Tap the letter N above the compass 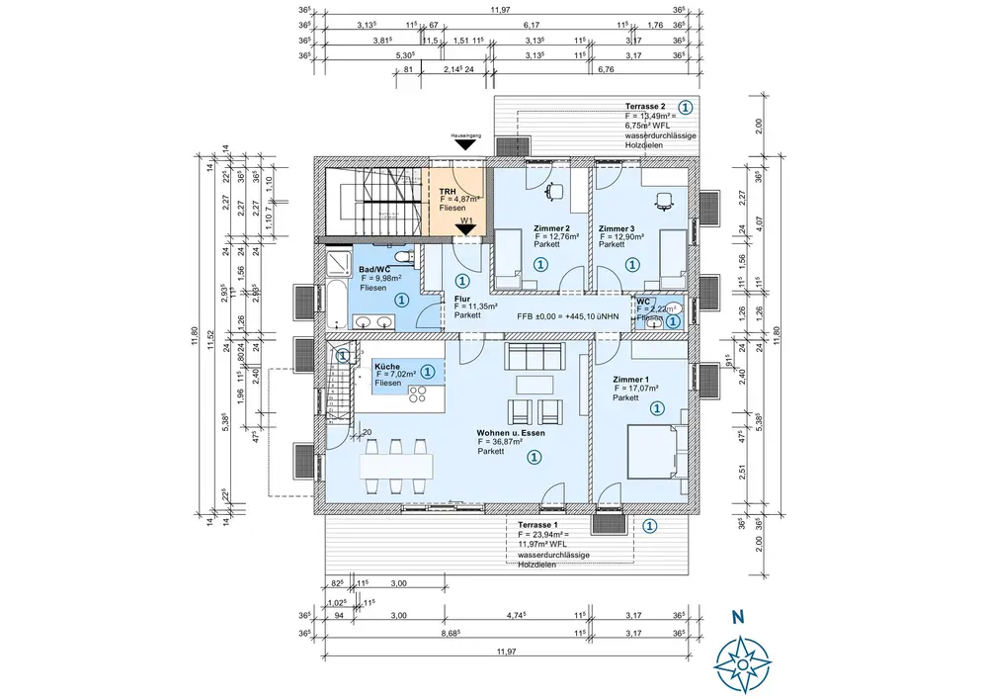click(x=737, y=618)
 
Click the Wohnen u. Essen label click(x=512, y=433)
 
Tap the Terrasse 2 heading click(x=645, y=106)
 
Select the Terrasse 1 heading click(x=538, y=524)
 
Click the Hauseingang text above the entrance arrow click(x=464, y=134)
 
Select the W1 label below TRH click(x=466, y=221)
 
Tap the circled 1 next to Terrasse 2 click(x=686, y=107)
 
